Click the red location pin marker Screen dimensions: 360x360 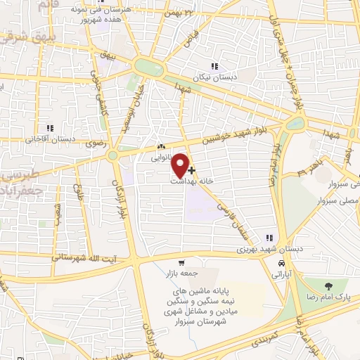pyautogui.click(x=181, y=165)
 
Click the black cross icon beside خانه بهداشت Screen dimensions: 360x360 pyautogui.click(x=192, y=170)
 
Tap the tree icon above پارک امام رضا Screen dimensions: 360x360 pyautogui.click(x=328, y=285)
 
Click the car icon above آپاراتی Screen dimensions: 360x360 pyautogui.click(x=282, y=262)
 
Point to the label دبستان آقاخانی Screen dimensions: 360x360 pyautogui.click(x=47, y=139)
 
